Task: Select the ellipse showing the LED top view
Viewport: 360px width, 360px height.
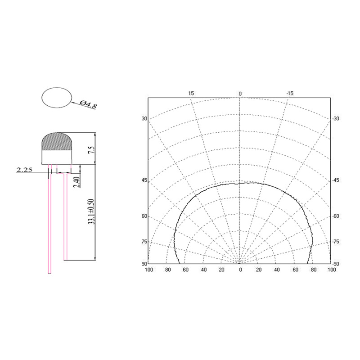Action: (x=57, y=97)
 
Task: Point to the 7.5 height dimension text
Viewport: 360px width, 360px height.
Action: (x=91, y=150)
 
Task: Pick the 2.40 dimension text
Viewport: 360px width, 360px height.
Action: (x=76, y=181)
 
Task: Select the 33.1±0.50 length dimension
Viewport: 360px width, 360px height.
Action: (x=91, y=211)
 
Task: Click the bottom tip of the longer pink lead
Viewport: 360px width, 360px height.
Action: (x=50, y=273)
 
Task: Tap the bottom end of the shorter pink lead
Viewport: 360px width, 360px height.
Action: (x=66, y=259)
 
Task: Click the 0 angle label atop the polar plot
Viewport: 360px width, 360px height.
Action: (x=240, y=94)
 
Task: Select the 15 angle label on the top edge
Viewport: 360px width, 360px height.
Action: (x=191, y=94)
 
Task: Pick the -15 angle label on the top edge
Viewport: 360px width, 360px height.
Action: (x=289, y=94)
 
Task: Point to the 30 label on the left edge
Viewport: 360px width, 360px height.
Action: (x=144, y=119)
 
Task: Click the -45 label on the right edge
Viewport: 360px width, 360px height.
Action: (x=336, y=180)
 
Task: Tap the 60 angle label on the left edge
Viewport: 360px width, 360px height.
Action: (x=144, y=216)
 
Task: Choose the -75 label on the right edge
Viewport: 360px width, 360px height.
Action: (x=336, y=242)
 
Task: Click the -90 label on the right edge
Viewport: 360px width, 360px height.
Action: (x=336, y=263)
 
